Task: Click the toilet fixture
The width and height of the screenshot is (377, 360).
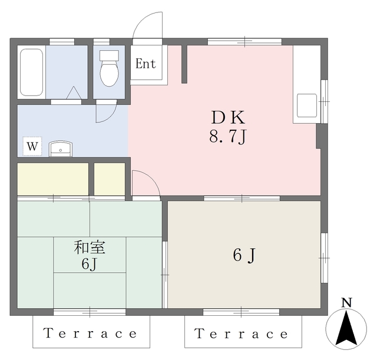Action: coord(109,68)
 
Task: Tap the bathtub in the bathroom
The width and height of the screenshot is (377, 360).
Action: coord(31,72)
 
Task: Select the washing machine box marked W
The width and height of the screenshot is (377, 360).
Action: coord(32,146)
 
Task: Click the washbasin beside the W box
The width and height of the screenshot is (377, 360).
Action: coord(61,149)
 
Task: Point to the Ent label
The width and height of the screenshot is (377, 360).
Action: coord(145,64)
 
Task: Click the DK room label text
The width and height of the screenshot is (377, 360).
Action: coord(228,118)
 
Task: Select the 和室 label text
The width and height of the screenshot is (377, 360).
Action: coord(90,247)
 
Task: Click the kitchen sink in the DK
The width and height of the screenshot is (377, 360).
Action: coord(307,105)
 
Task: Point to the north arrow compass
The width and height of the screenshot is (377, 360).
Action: coord(346,329)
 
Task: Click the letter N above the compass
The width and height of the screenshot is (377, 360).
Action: coord(347,302)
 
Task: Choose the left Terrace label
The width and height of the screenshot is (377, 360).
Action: coord(90,333)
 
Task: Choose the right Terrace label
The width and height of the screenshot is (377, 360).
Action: coord(242,334)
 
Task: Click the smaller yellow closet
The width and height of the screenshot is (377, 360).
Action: coord(110,179)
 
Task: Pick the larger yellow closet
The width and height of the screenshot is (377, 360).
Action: coord(53,179)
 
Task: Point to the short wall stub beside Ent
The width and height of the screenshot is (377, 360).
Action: coord(184,64)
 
